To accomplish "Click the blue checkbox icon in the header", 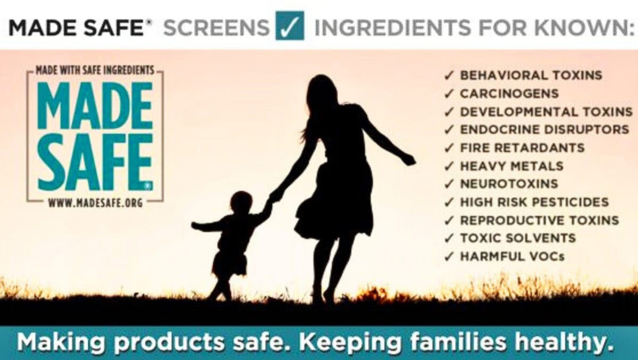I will click(x=290, y=26).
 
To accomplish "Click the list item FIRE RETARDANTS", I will click(x=522, y=148).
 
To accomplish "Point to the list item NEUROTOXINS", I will click(x=509, y=184).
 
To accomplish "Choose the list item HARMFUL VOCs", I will click(x=512, y=256).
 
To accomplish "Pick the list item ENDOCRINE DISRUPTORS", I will click(x=544, y=130).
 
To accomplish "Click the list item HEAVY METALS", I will click(x=511, y=166).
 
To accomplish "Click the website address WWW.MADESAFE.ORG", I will click(x=95, y=203).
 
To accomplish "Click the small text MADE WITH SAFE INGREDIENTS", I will click(x=95, y=70).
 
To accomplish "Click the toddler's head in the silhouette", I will click(x=241, y=203).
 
